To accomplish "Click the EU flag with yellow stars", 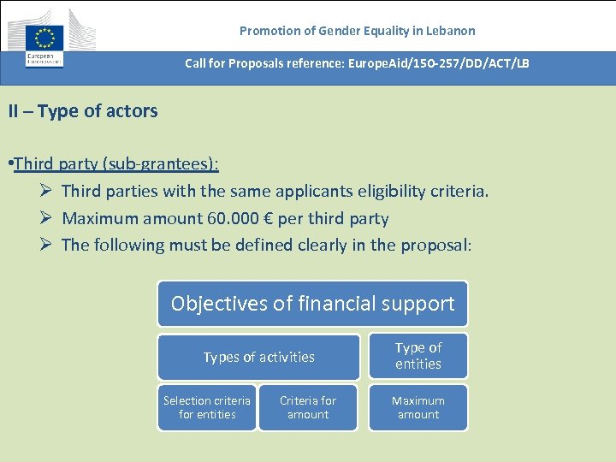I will pos(44,38).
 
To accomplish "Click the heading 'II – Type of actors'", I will pos(83,111).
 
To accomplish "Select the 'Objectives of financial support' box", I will pos(312,304).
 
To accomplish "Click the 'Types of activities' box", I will pos(258,357).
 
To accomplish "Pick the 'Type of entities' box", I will pos(418,356).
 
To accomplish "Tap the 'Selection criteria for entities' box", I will pos(207,407).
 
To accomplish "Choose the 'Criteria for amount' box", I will pos(308,407).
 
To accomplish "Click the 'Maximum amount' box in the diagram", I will pos(418,407).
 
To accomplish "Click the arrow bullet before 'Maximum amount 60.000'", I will pos(48,218).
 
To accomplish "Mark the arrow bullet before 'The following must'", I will pos(48,245).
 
